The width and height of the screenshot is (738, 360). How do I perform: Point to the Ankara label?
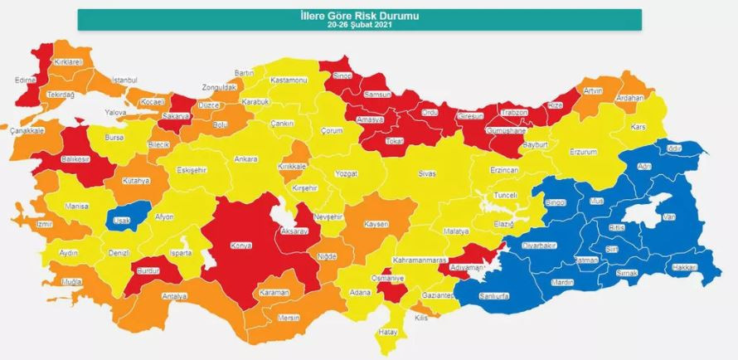pyautogui.click(x=245, y=158)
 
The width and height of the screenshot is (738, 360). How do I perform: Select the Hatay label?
pyautogui.click(x=389, y=332)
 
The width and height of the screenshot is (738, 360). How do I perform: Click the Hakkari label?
pyautogui.click(x=683, y=268)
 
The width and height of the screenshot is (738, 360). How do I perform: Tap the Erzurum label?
pyautogui.click(x=583, y=152)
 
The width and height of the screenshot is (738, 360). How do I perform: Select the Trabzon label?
pyautogui.click(x=512, y=113)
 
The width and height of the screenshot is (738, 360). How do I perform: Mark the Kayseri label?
pyautogui.click(x=376, y=224)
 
